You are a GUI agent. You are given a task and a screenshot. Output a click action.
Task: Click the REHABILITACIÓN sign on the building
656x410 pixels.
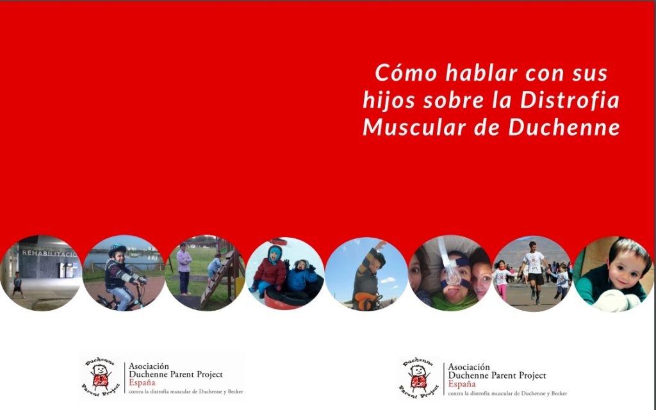(49, 253)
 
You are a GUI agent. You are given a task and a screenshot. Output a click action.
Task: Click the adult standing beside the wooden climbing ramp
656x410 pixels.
(184, 268)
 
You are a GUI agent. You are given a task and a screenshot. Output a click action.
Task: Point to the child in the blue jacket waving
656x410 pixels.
(300, 276)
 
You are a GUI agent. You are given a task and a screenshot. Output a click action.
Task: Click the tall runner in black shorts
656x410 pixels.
(533, 269)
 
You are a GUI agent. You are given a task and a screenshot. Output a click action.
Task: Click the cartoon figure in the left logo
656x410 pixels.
(99, 377)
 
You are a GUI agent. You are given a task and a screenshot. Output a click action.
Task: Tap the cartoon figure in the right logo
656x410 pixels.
(418, 378)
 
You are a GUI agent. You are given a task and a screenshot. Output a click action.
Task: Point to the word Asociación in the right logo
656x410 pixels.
(469, 367)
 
